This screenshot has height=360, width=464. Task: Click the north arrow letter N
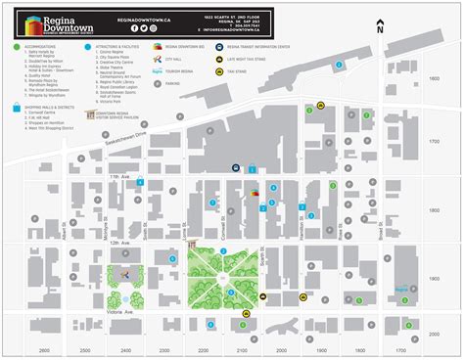(379, 30)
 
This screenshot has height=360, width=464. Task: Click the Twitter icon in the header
(142, 29)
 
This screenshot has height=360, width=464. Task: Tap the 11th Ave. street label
(119, 177)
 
